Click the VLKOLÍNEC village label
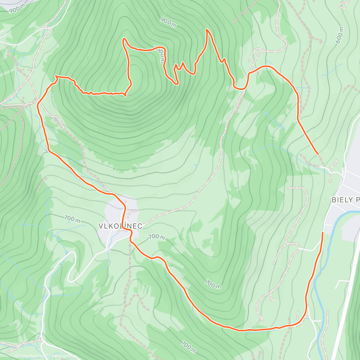click(120, 226)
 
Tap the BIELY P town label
click(345, 200)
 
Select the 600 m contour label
click(340, 35)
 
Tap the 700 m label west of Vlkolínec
click(72, 219)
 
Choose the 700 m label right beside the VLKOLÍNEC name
click(157, 237)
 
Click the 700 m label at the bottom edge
click(188, 347)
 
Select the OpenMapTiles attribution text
click(31, 356)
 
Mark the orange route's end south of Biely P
click(323, 232)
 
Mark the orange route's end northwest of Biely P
click(318, 154)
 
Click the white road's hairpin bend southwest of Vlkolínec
click(70, 280)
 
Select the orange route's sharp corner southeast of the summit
click(125, 95)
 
